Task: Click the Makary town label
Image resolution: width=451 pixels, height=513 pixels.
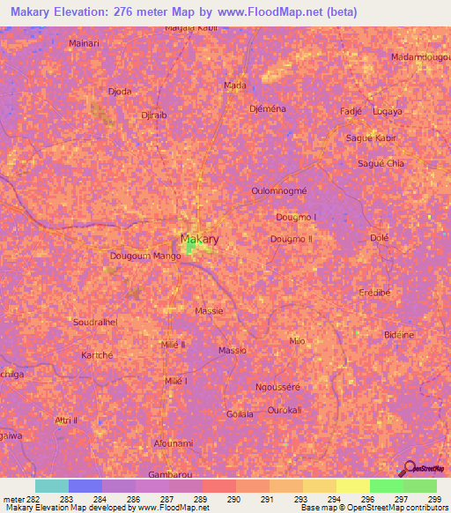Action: click(200, 239)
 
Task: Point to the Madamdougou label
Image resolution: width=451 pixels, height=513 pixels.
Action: click(418, 57)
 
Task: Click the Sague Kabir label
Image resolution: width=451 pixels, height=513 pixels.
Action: click(373, 138)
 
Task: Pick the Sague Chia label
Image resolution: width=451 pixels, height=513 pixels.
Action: click(381, 163)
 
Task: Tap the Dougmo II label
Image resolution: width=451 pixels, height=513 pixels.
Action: click(292, 239)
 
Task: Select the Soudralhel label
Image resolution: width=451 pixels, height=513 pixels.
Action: click(96, 323)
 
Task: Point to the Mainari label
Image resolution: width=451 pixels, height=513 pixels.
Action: click(83, 41)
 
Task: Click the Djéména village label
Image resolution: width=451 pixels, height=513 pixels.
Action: click(268, 108)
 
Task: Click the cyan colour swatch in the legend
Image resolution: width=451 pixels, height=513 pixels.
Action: click(51, 486)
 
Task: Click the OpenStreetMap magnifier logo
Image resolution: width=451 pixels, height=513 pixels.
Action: click(408, 468)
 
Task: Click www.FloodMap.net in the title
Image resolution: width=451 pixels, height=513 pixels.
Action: click(257, 9)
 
